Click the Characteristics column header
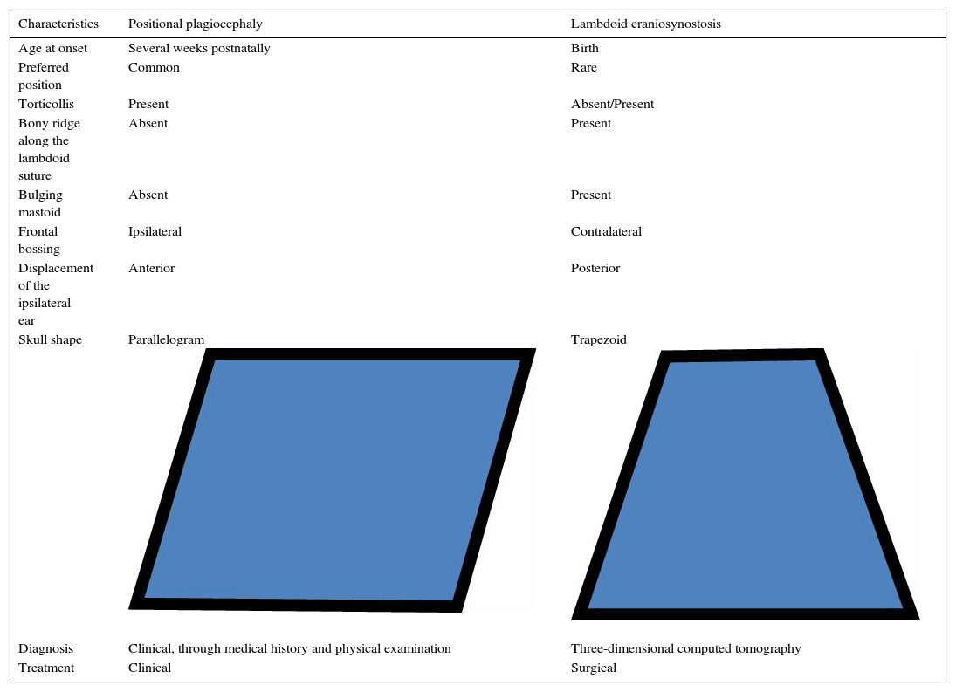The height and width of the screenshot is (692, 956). (x=58, y=24)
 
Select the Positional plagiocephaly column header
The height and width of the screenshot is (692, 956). (x=195, y=24)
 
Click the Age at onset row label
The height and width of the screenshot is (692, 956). (x=53, y=48)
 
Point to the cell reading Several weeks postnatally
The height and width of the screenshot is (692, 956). (x=199, y=48)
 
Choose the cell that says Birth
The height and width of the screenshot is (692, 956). (x=585, y=48)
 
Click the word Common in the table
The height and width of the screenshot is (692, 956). (x=154, y=67)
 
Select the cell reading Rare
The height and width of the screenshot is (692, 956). (x=584, y=67)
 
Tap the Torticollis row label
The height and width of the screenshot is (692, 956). (x=46, y=104)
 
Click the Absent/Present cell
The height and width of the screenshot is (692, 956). (x=612, y=104)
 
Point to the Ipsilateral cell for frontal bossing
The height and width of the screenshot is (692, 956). (x=155, y=231)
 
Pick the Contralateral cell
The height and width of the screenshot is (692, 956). (x=606, y=231)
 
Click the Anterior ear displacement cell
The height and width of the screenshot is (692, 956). (x=151, y=268)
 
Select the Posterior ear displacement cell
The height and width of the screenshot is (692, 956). (x=595, y=268)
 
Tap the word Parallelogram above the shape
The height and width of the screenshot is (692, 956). (x=167, y=339)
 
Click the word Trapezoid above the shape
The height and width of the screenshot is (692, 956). (x=599, y=339)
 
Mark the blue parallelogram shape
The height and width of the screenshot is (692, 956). (x=332, y=480)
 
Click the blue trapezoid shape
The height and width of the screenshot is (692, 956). (x=745, y=485)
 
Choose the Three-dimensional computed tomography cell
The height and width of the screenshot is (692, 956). (x=685, y=648)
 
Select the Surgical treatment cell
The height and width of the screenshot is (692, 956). (x=594, y=668)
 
